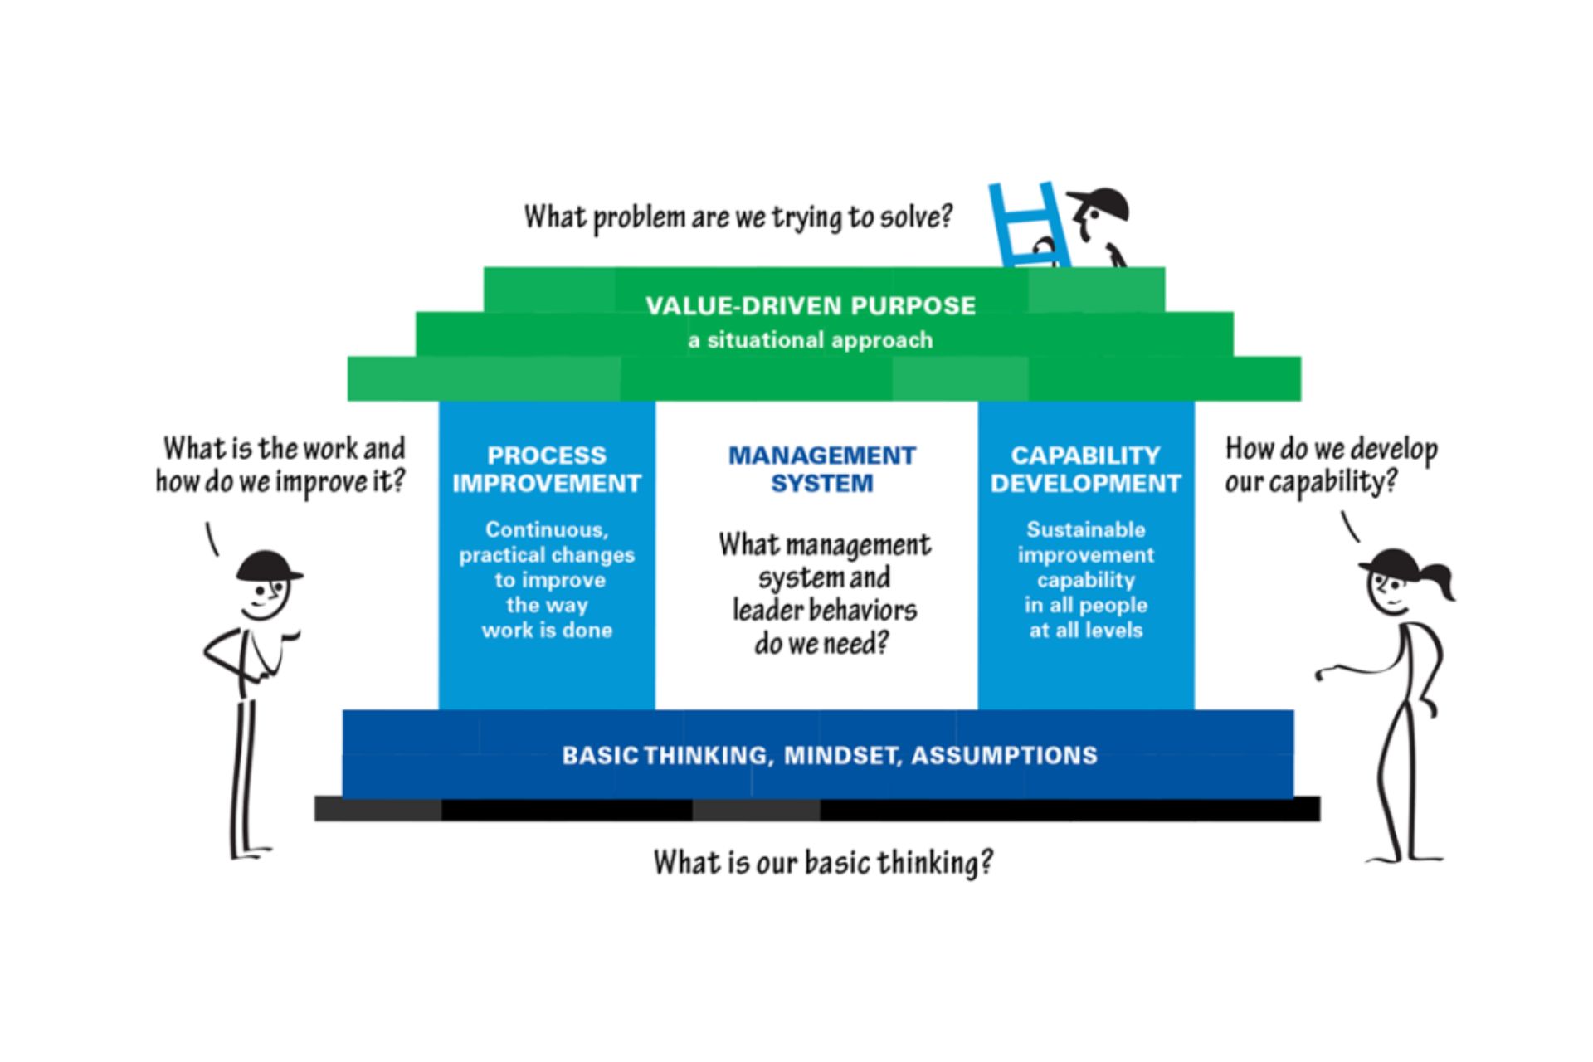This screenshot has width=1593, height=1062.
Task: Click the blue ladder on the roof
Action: click(1026, 226)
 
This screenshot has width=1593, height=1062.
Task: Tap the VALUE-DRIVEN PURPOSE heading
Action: click(811, 305)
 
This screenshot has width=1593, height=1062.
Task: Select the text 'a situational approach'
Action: click(811, 340)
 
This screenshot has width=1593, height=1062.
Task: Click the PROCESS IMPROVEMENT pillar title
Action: click(547, 469)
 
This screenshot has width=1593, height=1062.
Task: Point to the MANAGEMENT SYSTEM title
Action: click(821, 469)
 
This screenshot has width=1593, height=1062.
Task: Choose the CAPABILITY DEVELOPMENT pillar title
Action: click(1085, 469)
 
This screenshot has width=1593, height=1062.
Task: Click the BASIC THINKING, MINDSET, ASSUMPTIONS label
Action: click(830, 755)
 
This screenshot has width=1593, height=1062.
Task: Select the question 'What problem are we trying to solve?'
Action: click(738, 217)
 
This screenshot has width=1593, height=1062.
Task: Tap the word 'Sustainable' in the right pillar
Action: click(1085, 529)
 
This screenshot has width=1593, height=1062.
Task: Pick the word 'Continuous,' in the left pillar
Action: click(547, 529)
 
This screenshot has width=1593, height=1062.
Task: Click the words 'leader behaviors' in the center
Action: click(825, 610)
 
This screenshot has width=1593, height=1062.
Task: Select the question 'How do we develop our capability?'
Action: click(1331, 465)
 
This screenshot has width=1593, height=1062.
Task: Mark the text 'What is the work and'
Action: click(284, 448)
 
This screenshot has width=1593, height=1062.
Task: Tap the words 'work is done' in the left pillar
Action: click(547, 631)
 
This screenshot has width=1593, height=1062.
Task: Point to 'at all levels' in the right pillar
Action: click(1085, 631)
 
